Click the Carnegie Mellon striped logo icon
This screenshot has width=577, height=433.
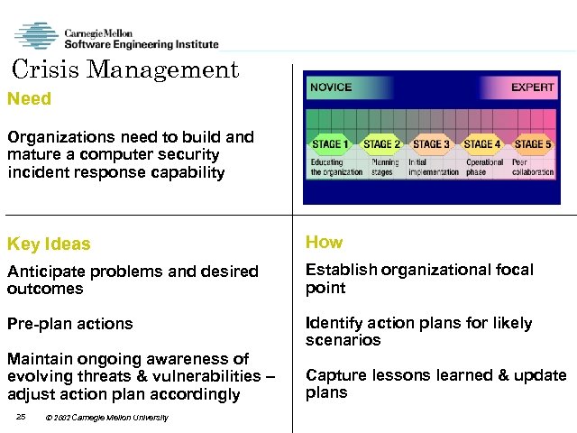(36, 36)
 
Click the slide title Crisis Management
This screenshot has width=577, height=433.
(126, 69)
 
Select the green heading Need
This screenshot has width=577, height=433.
(29, 98)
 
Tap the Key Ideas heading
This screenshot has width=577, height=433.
(49, 244)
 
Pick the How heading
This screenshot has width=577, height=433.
(324, 242)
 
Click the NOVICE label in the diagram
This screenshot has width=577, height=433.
(331, 88)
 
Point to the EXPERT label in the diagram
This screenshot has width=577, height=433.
(533, 88)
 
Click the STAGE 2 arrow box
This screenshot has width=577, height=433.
(381, 143)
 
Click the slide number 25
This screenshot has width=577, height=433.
(23, 416)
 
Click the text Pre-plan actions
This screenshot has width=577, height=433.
(69, 323)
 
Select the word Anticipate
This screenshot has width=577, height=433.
(43, 272)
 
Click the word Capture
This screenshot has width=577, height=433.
(335, 375)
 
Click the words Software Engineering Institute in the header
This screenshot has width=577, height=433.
(142, 43)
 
